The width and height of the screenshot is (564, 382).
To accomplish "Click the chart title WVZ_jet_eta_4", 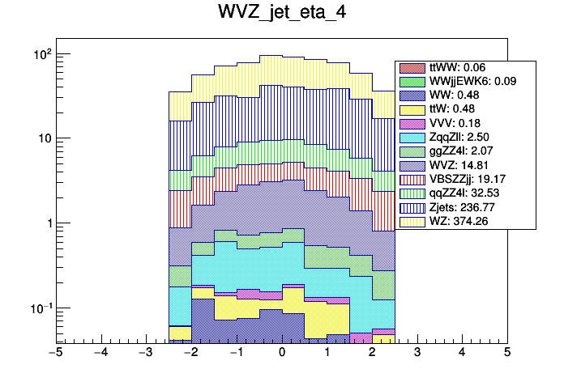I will coord(281,14).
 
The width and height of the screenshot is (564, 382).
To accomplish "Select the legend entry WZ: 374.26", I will coord(465,222).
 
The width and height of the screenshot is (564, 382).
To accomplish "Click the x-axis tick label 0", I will coord(281,353).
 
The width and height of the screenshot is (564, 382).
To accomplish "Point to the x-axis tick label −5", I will coord(55,353).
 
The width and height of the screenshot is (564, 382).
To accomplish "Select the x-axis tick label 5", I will coord(506,353).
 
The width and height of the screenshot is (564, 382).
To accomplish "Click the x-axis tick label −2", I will coord(190,353).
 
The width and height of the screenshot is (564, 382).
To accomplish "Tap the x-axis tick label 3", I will coord(417,353).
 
